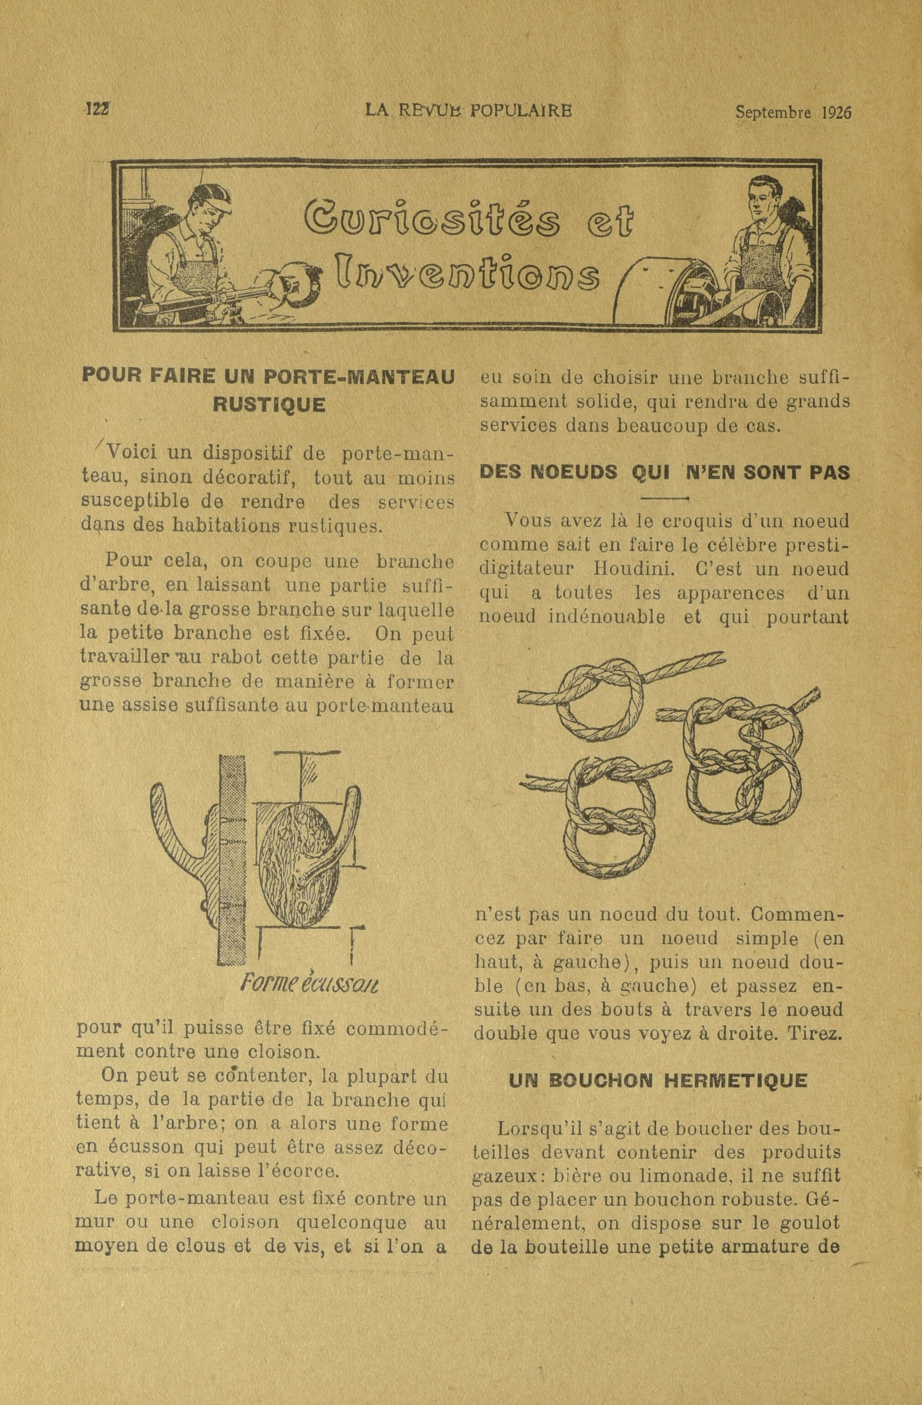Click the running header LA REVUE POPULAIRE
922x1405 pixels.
[469, 110]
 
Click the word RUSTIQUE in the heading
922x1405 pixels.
[269, 405]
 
